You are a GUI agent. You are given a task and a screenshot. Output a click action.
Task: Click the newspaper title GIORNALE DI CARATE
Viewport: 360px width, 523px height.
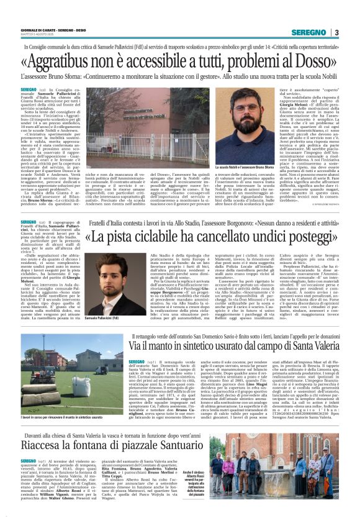38,30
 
